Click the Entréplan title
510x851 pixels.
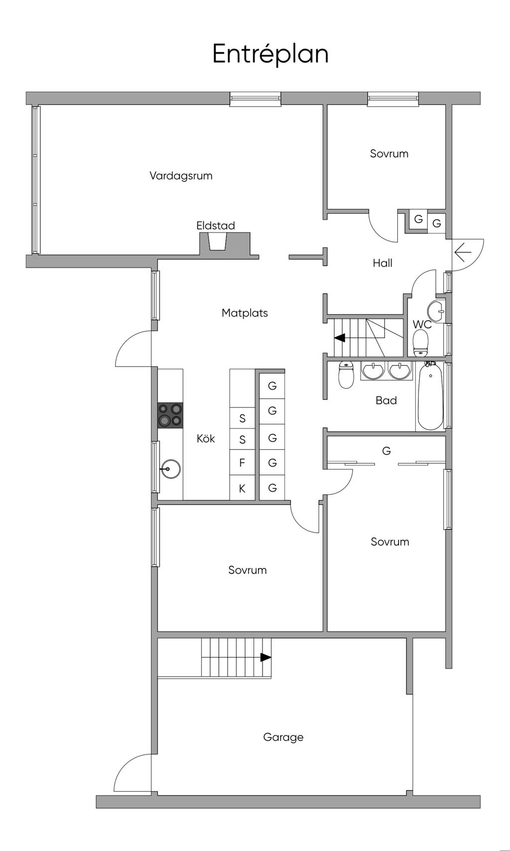pos(270,54)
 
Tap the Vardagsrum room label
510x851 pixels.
pos(181,176)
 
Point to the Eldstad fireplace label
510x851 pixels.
pos(216,226)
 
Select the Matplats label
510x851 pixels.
pos(245,313)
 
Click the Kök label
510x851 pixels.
pos(206,438)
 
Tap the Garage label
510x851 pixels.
pos(283,737)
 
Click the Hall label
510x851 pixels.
pos(382,263)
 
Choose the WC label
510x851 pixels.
pos(422,325)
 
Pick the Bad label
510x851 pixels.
pos(386,400)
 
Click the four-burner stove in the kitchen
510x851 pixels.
pos(170,415)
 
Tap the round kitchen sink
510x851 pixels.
pos(171,469)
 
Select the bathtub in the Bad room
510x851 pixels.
pos(430,395)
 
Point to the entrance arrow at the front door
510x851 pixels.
pos(463,252)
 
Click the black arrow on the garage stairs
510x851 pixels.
pos(265,657)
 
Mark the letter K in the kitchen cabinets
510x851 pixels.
pos(242,488)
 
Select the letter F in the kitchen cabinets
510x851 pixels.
pos(242,463)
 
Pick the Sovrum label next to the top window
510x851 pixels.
pos(389,153)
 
